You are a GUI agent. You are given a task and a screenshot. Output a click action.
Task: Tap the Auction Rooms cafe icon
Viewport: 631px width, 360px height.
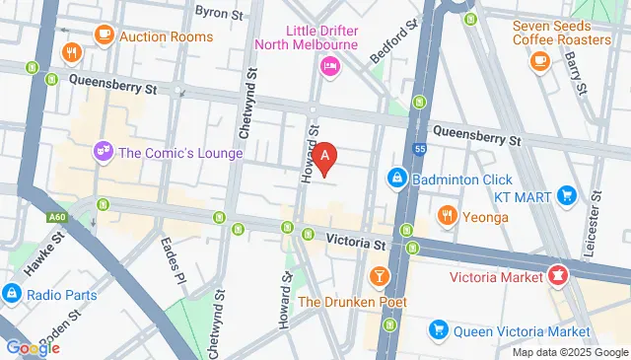[104, 35]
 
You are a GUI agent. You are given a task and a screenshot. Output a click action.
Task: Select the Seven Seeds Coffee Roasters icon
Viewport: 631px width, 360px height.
[538, 61]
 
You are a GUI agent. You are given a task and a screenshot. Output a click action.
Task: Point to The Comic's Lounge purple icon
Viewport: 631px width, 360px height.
[102, 152]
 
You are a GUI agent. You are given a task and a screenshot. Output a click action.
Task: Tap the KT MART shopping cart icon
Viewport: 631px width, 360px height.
[566, 195]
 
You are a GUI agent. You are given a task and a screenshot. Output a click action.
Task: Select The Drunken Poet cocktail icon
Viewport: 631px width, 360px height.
[378, 274]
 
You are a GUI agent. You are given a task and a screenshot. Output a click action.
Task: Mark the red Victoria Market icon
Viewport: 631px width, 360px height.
[558, 275]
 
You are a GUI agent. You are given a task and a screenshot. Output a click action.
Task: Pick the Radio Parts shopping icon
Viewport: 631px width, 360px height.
[12, 293]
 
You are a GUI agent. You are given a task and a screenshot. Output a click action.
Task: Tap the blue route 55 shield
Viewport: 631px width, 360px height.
[419, 149]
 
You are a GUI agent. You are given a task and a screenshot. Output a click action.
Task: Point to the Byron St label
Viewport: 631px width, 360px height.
[219, 13]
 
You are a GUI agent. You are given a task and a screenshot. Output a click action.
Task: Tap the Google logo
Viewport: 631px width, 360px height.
[33, 347]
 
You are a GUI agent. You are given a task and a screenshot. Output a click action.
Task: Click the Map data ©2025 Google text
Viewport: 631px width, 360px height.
[569, 352]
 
